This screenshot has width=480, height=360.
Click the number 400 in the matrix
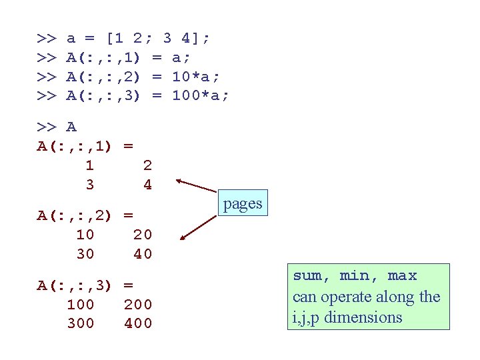point(138,323)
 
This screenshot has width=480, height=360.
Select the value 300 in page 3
point(81,323)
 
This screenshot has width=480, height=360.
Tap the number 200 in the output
point(138,305)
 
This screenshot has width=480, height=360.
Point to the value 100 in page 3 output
point(81,305)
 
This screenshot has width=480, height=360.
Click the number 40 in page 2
point(143,254)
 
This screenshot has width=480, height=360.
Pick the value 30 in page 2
point(85,254)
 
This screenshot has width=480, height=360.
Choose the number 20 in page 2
point(143,235)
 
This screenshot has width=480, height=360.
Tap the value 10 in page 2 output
point(85,235)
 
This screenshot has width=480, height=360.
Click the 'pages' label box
point(243,203)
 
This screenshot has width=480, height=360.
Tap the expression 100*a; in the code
point(200,95)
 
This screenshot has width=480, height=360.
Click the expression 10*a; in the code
point(195,77)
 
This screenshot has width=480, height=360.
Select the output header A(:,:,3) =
point(85,285)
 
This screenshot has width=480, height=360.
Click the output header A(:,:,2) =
point(85,215)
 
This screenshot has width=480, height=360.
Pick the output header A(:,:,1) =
point(85,146)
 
